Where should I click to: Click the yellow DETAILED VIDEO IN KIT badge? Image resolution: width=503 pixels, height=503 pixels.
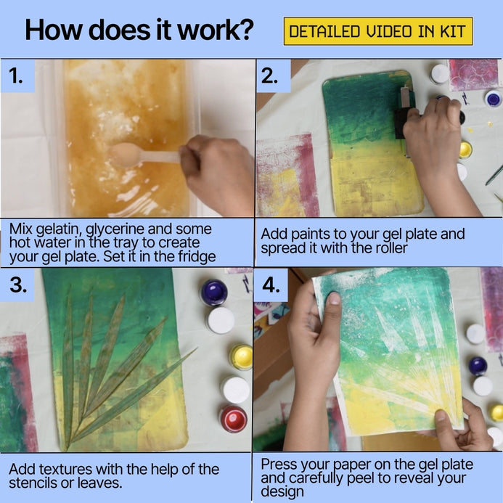[378, 31]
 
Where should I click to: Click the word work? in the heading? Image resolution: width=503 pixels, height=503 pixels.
[216, 30]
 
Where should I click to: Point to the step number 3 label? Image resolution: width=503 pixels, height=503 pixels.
[17, 285]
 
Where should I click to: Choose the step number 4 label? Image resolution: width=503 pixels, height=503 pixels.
[271, 285]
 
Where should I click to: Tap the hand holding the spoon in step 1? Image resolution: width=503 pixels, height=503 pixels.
[216, 173]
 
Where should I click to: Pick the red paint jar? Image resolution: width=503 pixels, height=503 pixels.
[233, 419]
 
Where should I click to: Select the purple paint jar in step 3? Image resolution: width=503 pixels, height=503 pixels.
[214, 293]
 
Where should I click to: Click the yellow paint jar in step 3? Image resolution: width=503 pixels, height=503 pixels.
[241, 357]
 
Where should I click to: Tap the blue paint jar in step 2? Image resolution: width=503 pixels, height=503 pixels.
[493, 99]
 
